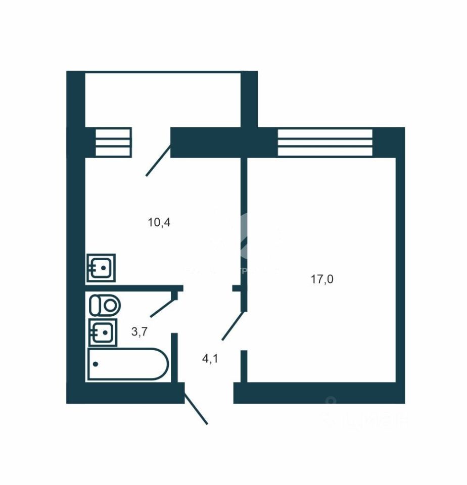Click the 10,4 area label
[x=159, y=222]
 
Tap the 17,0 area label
[x=322, y=279]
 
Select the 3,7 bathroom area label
[x=139, y=332]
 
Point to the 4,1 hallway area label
[x=210, y=359]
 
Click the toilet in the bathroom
[x=105, y=305]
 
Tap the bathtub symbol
[x=127, y=363]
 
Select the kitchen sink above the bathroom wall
[x=102, y=267]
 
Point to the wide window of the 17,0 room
[x=325, y=142]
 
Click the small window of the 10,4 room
[x=113, y=142]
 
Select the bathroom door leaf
[x=162, y=305]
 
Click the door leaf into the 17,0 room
[x=233, y=326]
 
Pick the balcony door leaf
[x=158, y=160]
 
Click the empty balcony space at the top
[x=162, y=99]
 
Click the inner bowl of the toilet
[x=111, y=305]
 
